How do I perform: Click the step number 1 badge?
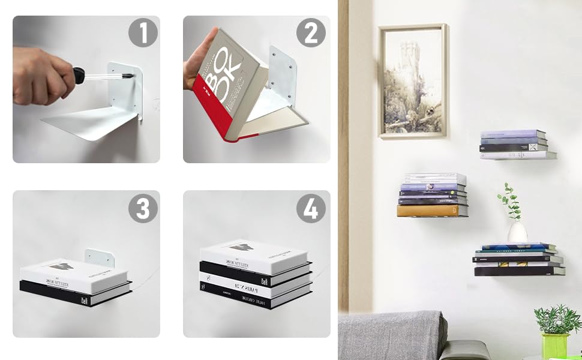143,32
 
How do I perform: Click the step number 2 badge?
311,32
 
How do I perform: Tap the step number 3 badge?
143,208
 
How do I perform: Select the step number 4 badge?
311,208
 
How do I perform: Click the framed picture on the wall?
413,81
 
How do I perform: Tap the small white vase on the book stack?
517,232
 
